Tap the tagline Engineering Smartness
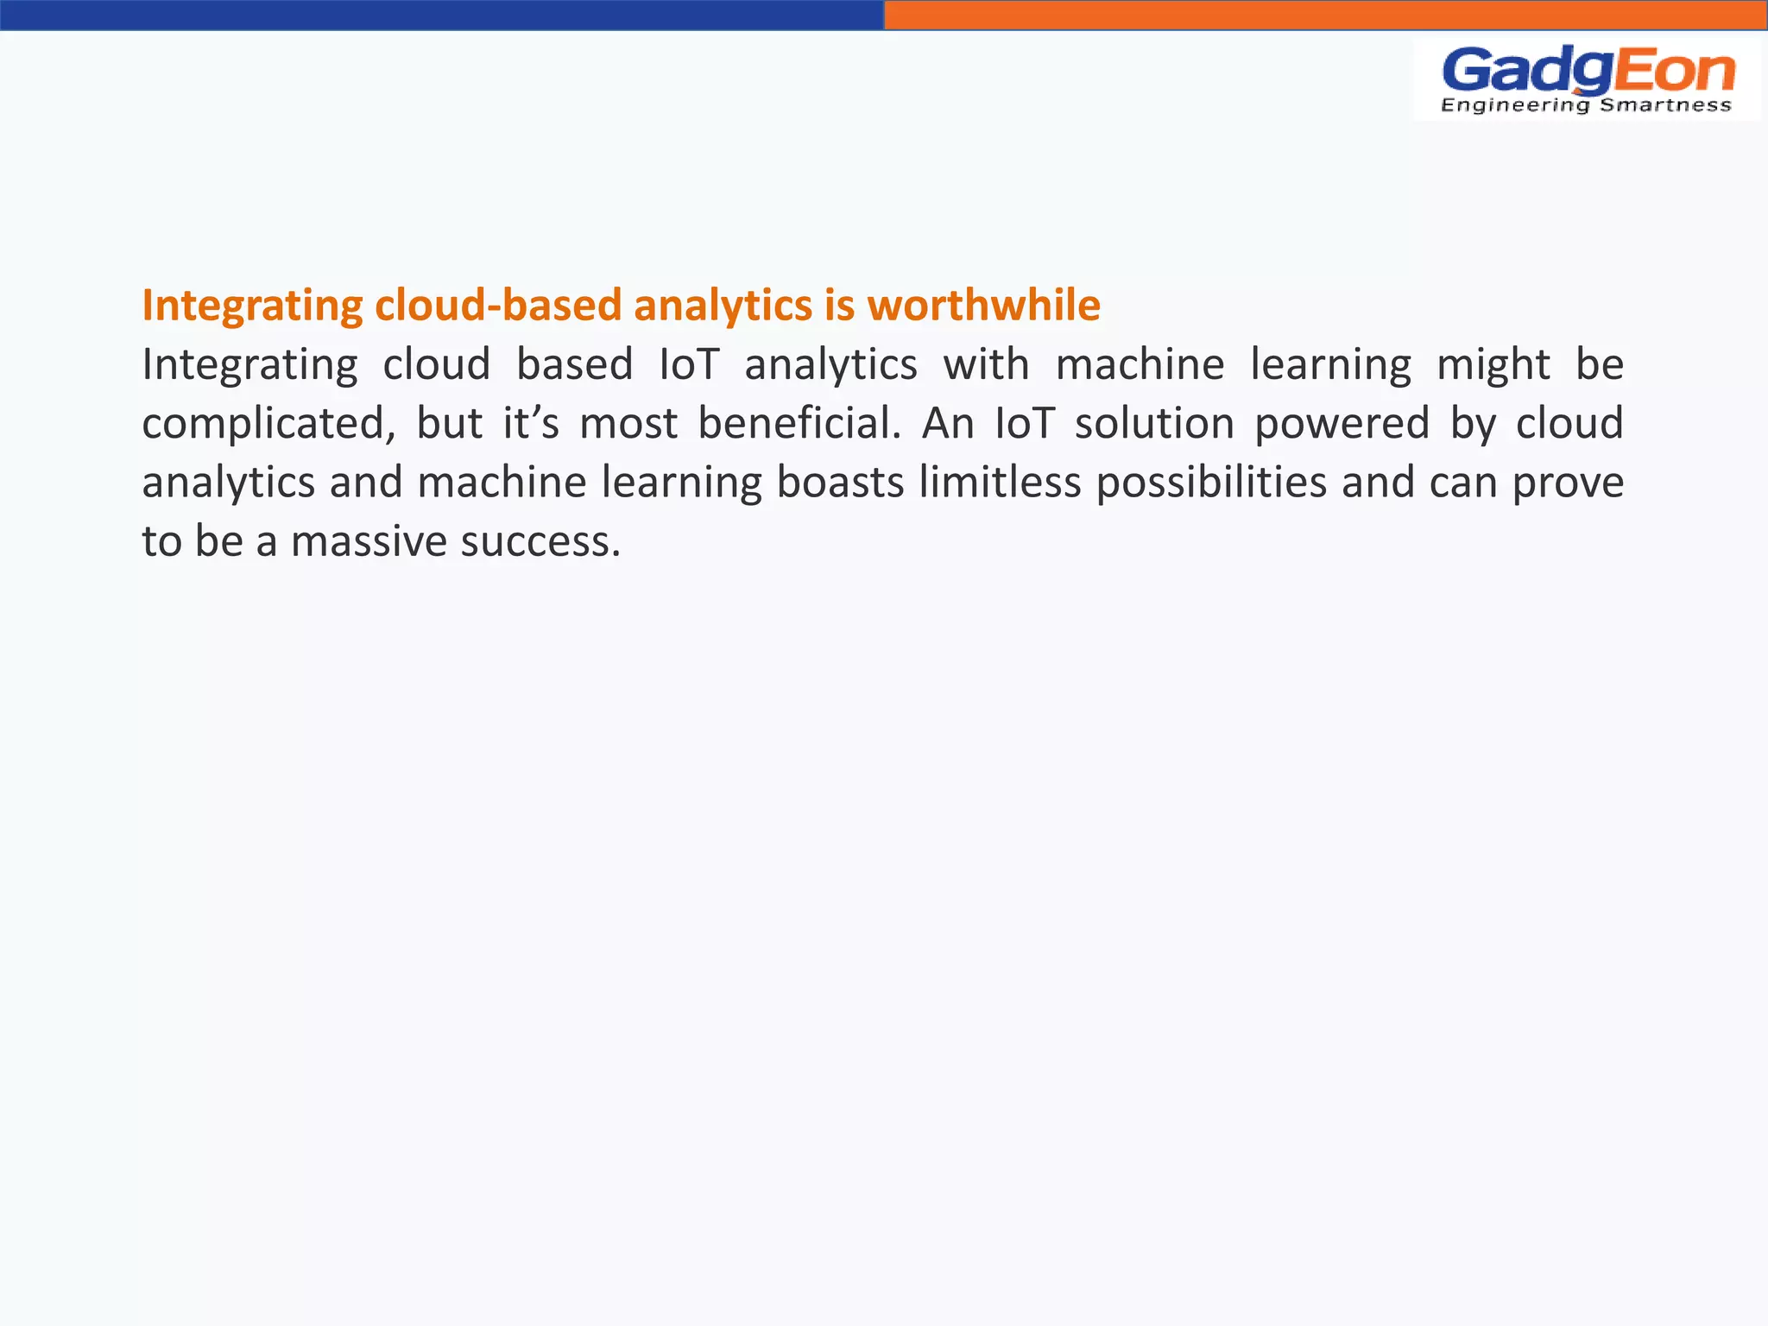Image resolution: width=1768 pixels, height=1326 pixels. pyautogui.click(x=1587, y=105)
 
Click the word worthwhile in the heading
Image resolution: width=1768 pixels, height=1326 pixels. pyautogui.click(x=983, y=306)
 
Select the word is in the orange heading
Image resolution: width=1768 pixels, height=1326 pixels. pyautogui.click(x=838, y=306)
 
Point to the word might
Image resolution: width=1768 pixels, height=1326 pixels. pyautogui.click(x=1493, y=365)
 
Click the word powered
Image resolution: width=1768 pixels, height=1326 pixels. pyautogui.click(x=1342, y=424)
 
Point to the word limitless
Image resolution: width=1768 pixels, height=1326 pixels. pyautogui.click(x=1000, y=483)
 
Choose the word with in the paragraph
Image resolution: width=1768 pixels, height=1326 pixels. pyautogui.click(x=986, y=365)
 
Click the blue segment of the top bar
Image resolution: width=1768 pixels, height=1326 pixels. pyautogui.click(x=442, y=15)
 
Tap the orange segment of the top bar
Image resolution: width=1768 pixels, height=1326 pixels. pyautogui.click(x=1326, y=15)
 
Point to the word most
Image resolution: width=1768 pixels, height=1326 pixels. pyautogui.click(x=628, y=424)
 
